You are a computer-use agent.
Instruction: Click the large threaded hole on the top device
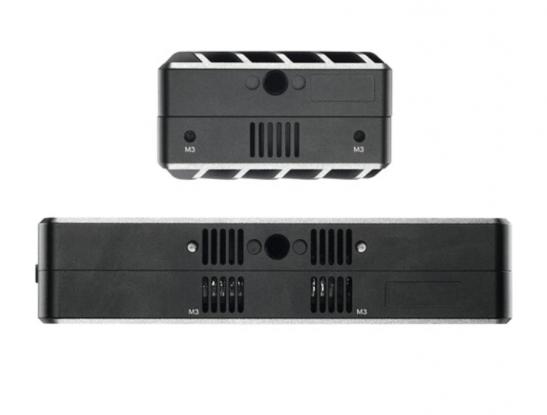(x=274, y=82)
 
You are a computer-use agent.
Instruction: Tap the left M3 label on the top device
(x=189, y=149)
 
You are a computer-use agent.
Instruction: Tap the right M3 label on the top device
(x=359, y=149)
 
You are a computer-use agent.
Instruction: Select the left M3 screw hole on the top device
(x=189, y=136)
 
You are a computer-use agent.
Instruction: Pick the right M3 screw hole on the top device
(x=359, y=136)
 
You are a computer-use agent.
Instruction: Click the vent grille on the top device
(x=274, y=140)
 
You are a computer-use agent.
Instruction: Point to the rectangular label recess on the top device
(x=342, y=88)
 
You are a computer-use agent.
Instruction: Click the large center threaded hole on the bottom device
(x=277, y=246)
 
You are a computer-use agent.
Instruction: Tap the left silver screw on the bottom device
(x=191, y=247)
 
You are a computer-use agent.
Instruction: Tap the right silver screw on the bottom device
(x=362, y=247)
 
